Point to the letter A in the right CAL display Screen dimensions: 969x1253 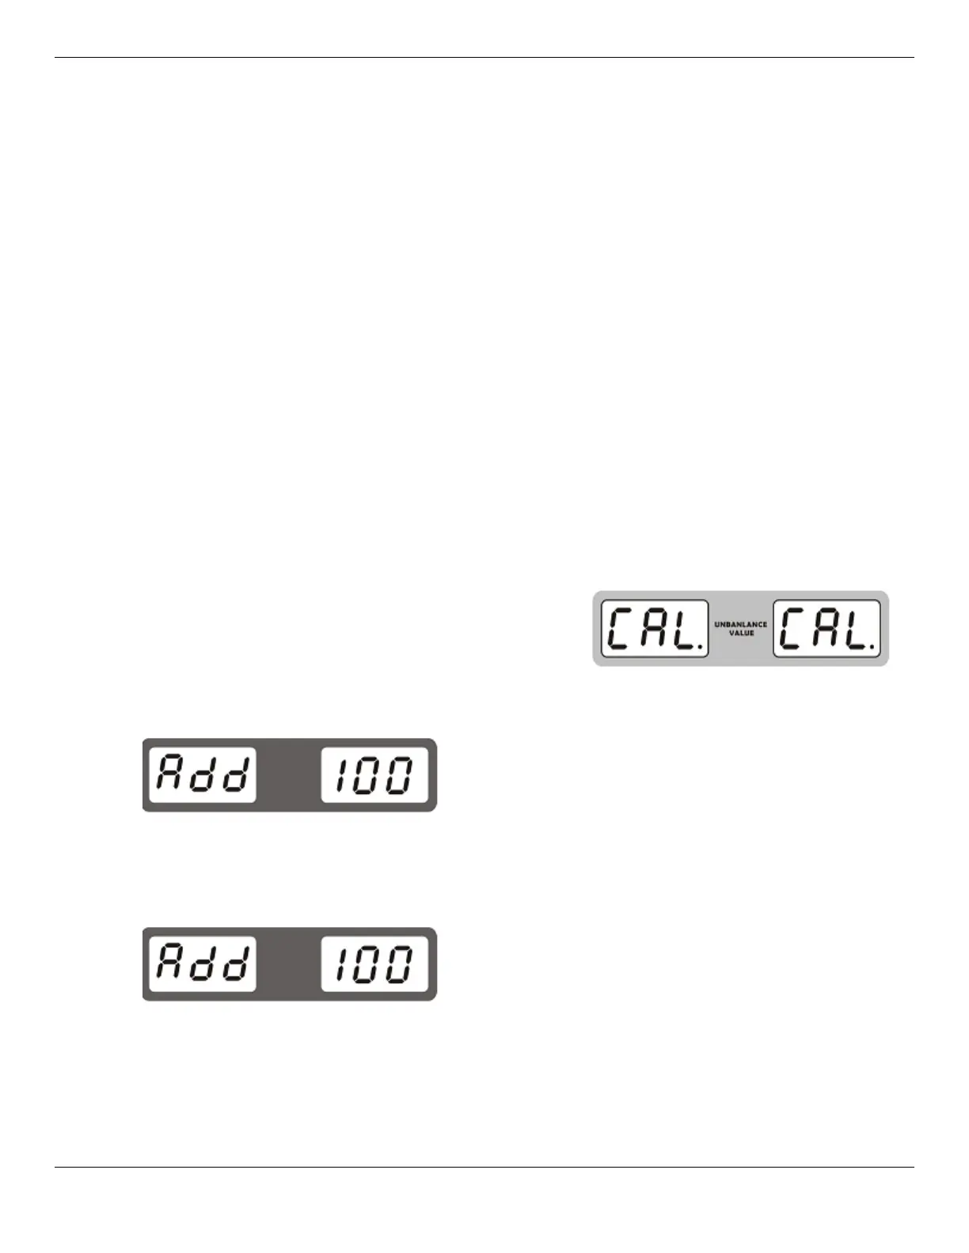(x=825, y=630)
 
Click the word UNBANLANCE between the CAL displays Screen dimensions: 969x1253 (x=740, y=624)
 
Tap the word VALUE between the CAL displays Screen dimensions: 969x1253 (x=741, y=633)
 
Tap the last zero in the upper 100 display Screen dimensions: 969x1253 (x=400, y=774)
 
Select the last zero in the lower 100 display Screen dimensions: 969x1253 (x=400, y=963)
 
